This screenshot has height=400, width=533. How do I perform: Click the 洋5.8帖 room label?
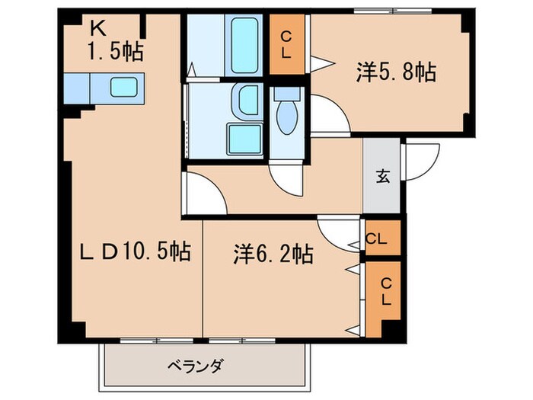coord(395,73)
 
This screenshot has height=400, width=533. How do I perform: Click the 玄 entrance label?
coord(382,177)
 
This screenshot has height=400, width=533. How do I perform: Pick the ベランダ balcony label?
coord(195,366)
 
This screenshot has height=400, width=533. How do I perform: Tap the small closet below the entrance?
coord(378,238)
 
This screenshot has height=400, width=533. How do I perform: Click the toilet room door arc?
coord(288,175)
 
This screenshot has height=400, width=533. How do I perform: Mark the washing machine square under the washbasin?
coord(245,139)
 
